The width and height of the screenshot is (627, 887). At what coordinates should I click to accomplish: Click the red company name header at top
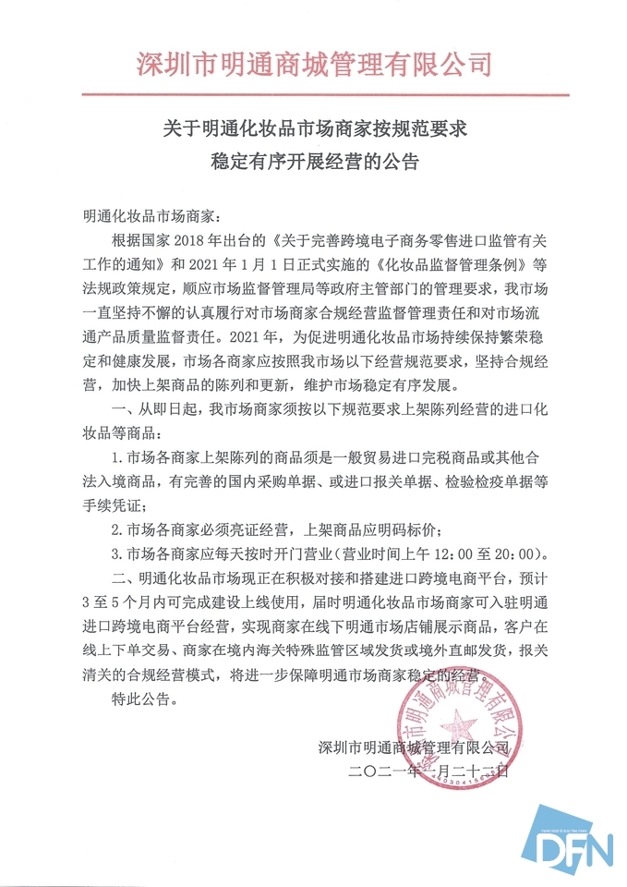(x=314, y=64)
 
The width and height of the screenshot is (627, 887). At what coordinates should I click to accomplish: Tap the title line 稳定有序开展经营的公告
(x=314, y=164)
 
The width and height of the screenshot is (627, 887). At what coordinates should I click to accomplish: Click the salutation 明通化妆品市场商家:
(x=149, y=217)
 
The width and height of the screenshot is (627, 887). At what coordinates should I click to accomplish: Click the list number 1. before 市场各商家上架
(x=116, y=458)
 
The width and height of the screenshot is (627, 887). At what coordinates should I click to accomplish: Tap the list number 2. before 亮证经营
(x=116, y=531)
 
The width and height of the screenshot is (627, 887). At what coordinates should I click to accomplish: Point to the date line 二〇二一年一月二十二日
(x=429, y=771)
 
